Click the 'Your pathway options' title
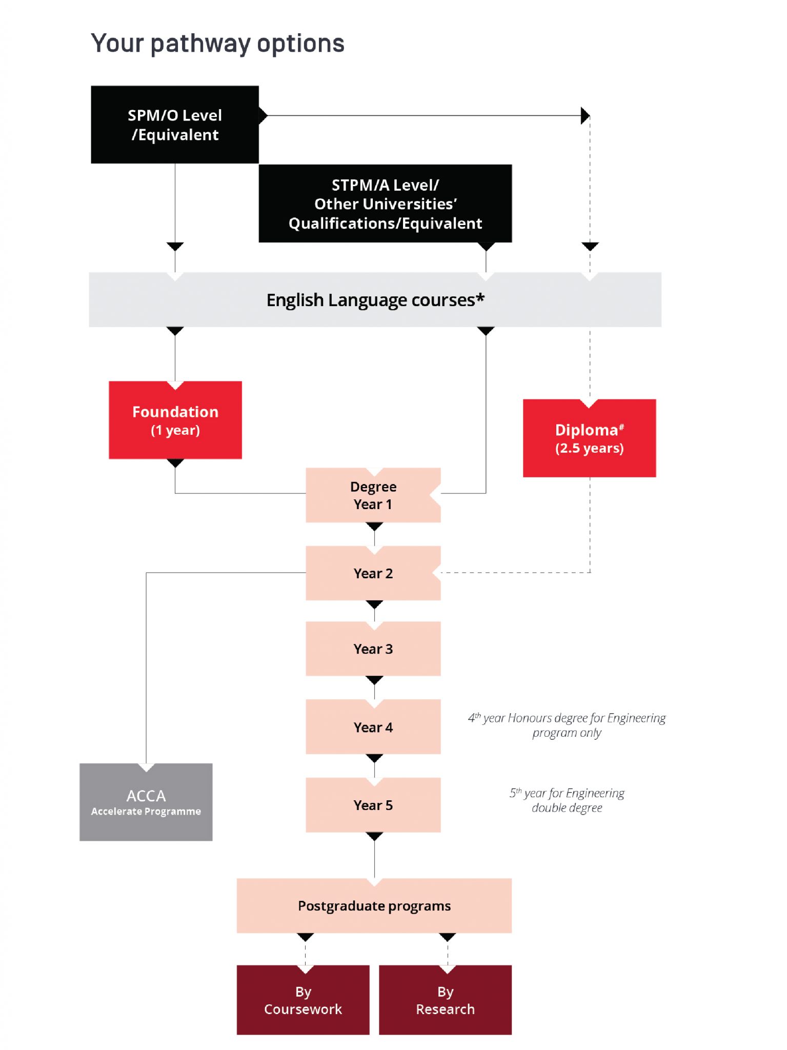[x=217, y=43]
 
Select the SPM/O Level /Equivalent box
[x=175, y=125]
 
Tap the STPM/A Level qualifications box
[x=385, y=204]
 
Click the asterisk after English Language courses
[x=480, y=297]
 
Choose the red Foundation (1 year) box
[x=175, y=420]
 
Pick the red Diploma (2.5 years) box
[x=589, y=438]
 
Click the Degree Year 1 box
[x=373, y=495]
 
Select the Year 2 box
[x=373, y=573]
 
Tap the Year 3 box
[x=373, y=649]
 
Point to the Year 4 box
[x=373, y=727]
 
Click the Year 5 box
[x=373, y=805]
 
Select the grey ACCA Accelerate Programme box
[x=146, y=802]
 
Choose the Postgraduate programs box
[x=374, y=905]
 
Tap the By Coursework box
[x=302, y=1000]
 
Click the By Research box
[x=445, y=1000]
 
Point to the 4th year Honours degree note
[x=566, y=725]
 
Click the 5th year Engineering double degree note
[x=567, y=800]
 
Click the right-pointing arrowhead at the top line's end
[x=585, y=116]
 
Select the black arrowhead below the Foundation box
[x=175, y=463]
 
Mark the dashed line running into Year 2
[x=513, y=572]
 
